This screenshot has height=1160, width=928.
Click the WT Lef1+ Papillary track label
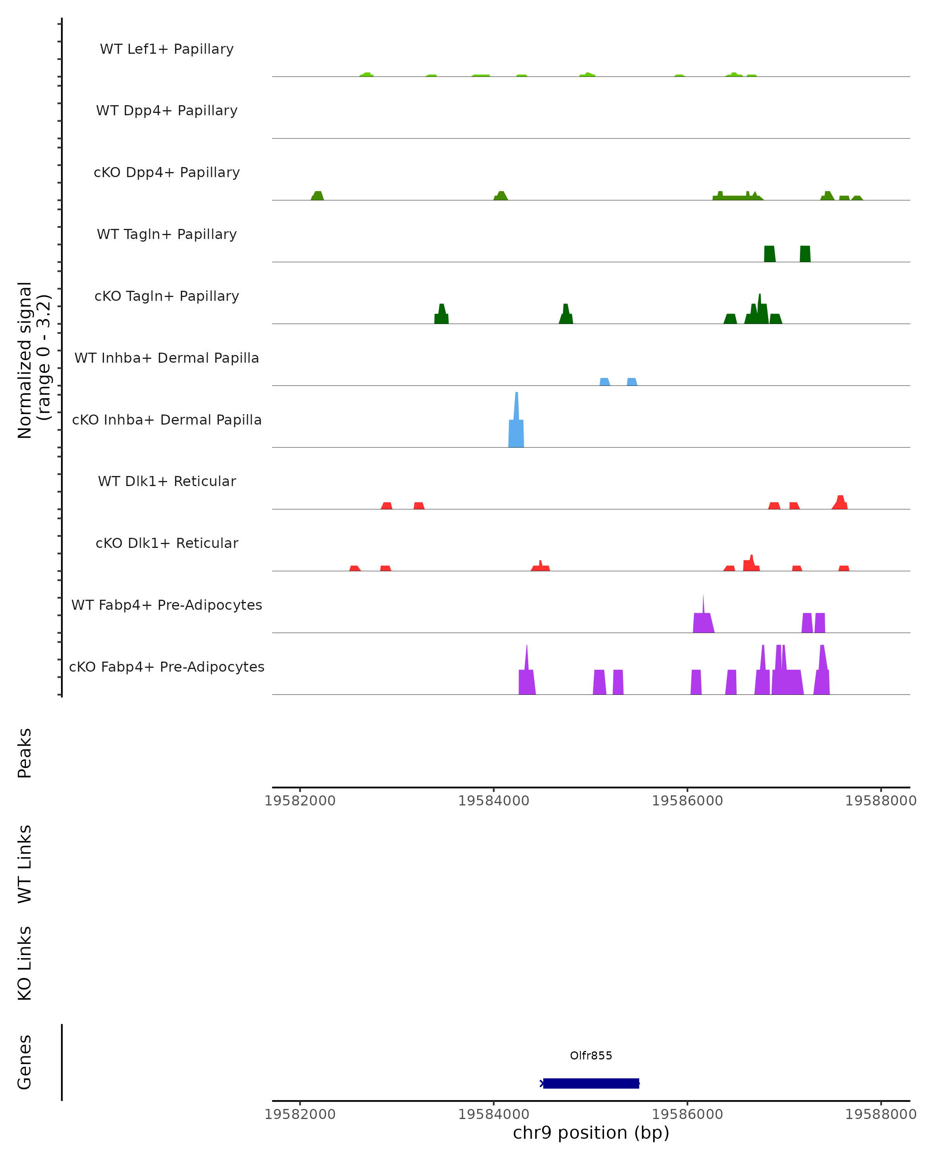[x=167, y=49]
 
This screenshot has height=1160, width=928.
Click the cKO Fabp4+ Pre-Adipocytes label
[x=167, y=667]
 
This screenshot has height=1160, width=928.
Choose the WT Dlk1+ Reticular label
[x=167, y=481]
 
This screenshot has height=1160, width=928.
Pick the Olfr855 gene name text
[x=591, y=1055]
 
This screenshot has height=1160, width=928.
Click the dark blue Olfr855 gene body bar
[x=591, y=1083]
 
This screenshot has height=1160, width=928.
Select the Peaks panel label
[x=25, y=753]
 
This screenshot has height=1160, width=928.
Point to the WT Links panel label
[x=25, y=863]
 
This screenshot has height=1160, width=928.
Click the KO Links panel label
[x=25, y=963]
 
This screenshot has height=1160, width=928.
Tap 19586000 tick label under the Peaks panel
[x=687, y=801]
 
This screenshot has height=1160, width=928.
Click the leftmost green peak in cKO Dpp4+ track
[x=317, y=196]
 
